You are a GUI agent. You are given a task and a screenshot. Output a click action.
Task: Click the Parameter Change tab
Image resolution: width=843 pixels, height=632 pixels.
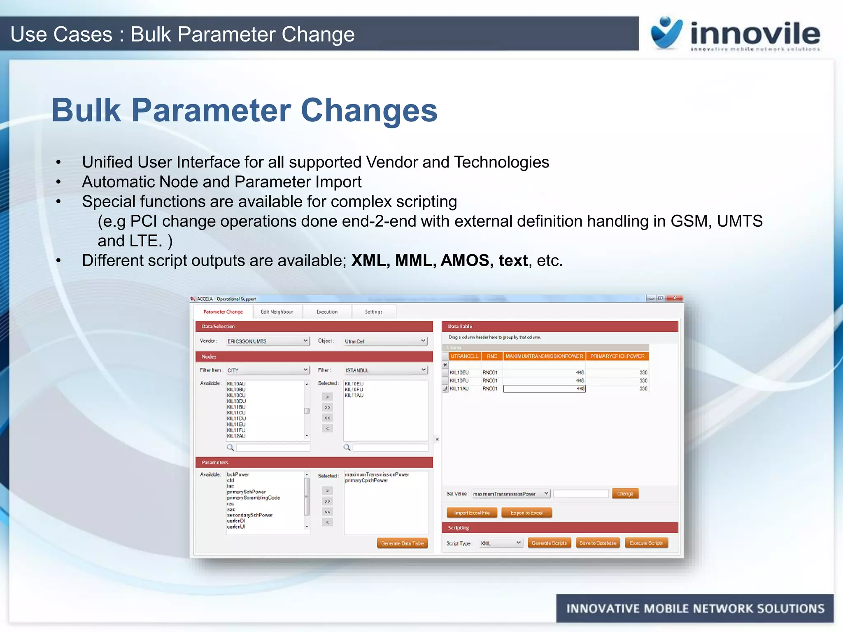click(223, 312)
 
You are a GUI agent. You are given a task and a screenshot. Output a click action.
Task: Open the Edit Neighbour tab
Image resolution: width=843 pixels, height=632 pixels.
click(277, 312)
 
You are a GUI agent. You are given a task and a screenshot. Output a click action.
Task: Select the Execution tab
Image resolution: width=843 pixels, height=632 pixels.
click(327, 312)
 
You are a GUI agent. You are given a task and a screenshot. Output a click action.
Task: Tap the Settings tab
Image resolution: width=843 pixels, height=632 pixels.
click(373, 312)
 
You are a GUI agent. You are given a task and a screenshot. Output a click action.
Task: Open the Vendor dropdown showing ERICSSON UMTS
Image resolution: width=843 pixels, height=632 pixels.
click(268, 341)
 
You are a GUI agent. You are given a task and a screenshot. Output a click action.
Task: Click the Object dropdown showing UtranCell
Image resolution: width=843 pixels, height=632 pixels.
click(385, 341)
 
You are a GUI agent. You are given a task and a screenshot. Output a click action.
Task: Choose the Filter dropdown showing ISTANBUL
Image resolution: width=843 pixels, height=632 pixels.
click(385, 370)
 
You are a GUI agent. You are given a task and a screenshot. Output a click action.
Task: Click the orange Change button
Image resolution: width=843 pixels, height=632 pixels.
click(625, 494)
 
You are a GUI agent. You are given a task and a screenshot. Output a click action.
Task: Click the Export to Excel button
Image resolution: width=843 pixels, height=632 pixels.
click(526, 513)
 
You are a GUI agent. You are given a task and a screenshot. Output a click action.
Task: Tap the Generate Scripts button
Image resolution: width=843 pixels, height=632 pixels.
click(549, 543)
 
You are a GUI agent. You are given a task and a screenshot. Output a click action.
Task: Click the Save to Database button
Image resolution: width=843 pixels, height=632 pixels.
click(598, 543)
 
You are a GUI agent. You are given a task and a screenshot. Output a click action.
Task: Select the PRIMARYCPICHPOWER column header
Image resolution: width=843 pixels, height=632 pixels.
click(617, 356)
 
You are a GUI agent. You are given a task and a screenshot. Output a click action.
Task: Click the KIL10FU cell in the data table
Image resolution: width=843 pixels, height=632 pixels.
click(459, 381)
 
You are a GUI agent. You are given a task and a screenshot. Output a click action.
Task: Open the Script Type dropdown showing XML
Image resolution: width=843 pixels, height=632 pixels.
click(501, 543)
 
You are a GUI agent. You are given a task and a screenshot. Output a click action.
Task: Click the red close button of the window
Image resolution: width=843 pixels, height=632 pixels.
click(675, 298)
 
